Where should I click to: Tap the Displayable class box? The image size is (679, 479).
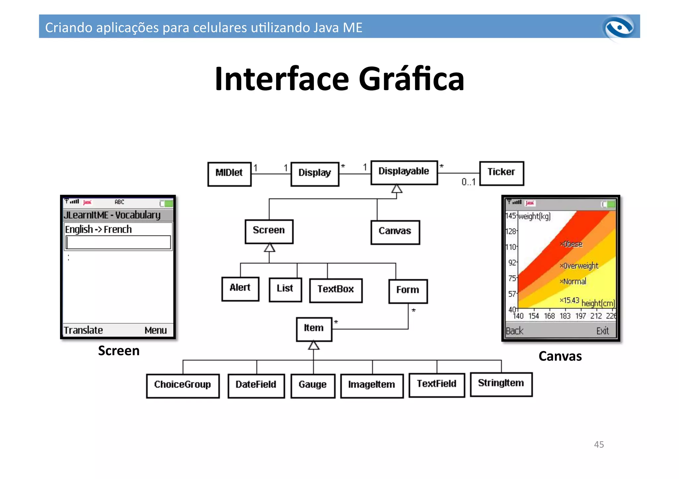pyautogui.click(x=404, y=172)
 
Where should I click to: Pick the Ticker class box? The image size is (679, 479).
pyautogui.click(x=501, y=173)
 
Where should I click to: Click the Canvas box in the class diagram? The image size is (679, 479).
pyautogui.click(x=395, y=232)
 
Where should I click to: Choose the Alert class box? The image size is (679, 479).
pyautogui.click(x=240, y=289)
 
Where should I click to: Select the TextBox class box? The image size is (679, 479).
pyautogui.click(x=336, y=290)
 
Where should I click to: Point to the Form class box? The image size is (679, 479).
pyautogui.click(x=408, y=291)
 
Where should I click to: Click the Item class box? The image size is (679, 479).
pyautogui.click(x=314, y=329)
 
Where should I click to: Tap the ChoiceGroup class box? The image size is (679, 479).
pyautogui.click(x=183, y=385)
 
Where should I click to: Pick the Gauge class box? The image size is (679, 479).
pyautogui.click(x=313, y=385)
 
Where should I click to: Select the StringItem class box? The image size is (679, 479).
pyautogui.click(x=501, y=384)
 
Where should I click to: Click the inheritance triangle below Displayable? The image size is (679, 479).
pyautogui.click(x=397, y=189)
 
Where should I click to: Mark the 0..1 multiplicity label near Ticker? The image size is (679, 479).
pyautogui.click(x=468, y=182)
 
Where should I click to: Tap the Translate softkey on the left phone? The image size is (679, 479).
pyautogui.click(x=83, y=330)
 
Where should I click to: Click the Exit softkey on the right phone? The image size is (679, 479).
pyautogui.click(x=602, y=331)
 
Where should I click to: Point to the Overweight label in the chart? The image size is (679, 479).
pyautogui.click(x=581, y=266)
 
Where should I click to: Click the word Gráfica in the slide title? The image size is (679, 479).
pyautogui.click(x=411, y=79)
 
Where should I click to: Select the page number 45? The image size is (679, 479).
pyautogui.click(x=599, y=445)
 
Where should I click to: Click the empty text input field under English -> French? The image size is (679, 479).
pyautogui.click(x=118, y=242)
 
